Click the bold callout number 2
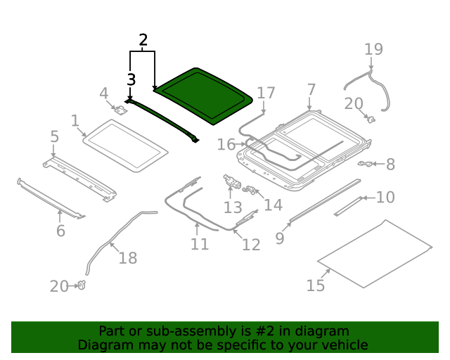pyautogui.click(x=143, y=40)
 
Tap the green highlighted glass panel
pyautogui.click(x=202, y=96)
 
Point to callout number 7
pyautogui.click(x=311, y=90)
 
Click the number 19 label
pyautogui.click(x=373, y=49)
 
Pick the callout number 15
pyautogui.click(x=316, y=285)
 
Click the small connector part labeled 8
pyautogui.click(x=365, y=164)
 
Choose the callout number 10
pyautogui.click(x=385, y=198)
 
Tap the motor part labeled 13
pyautogui.click(x=230, y=181)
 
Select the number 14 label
pyautogui.click(x=273, y=205)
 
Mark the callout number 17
pyautogui.click(x=266, y=93)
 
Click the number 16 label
pyautogui.click(x=226, y=144)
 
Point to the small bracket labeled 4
pyautogui.click(x=120, y=109)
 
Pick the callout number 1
pyautogui.click(x=75, y=121)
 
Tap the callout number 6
pyautogui.click(x=60, y=231)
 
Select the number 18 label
pyautogui.click(x=127, y=258)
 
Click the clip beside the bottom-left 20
pyautogui.click(x=82, y=285)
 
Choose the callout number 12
pyautogui.click(x=251, y=245)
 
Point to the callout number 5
pyautogui.click(x=54, y=135)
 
